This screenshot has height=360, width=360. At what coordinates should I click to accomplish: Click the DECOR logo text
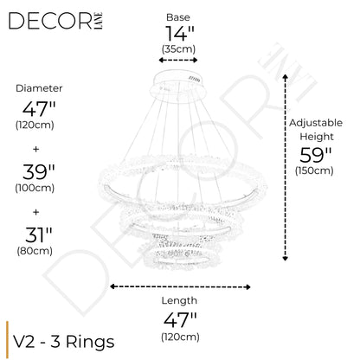pyautogui.click(x=51, y=21)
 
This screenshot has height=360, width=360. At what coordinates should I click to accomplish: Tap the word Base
pyautogui.click(x=178, y=17)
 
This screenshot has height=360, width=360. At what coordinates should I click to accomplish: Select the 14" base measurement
pyautogui.click(x=179, y=34)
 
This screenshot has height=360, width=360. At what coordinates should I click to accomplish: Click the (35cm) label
pyautogui.click(x=178, y=49)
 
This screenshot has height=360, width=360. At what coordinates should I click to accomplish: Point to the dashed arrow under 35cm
pyautogui.click(x=178, y=60)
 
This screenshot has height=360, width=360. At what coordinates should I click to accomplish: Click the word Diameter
pyautogui.click(x=39, y=88)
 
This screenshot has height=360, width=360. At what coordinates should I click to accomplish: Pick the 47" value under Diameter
pyautogui.click(x=39, y=109)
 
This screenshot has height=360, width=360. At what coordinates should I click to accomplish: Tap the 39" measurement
pyautogui.click(x=39, y=172)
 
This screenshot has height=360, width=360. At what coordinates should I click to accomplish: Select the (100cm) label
pyautogui.click(x=35, y=188)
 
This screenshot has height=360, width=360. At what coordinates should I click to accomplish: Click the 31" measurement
pyautogui.click(x=38, y=235)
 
